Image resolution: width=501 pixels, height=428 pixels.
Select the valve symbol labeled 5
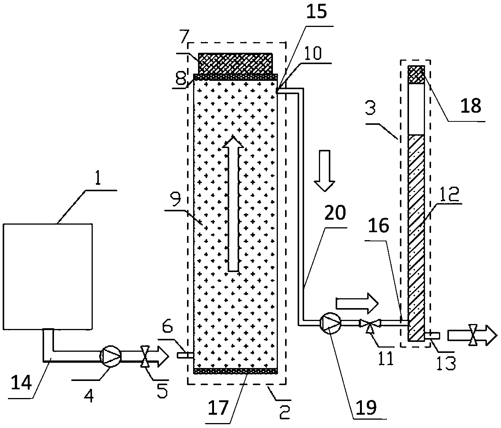tap(145, 356)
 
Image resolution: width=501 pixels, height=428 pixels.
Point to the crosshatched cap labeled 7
tap(236, 63)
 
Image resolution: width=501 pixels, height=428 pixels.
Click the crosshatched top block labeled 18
tap(416, 74)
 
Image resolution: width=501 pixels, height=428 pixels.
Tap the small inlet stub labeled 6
tap(185, 355)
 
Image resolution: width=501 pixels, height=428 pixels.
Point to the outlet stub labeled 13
tap(432, 335)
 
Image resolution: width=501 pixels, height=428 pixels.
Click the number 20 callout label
tap(335, 213)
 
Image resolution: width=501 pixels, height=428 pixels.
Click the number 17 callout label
tap(218, 408)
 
